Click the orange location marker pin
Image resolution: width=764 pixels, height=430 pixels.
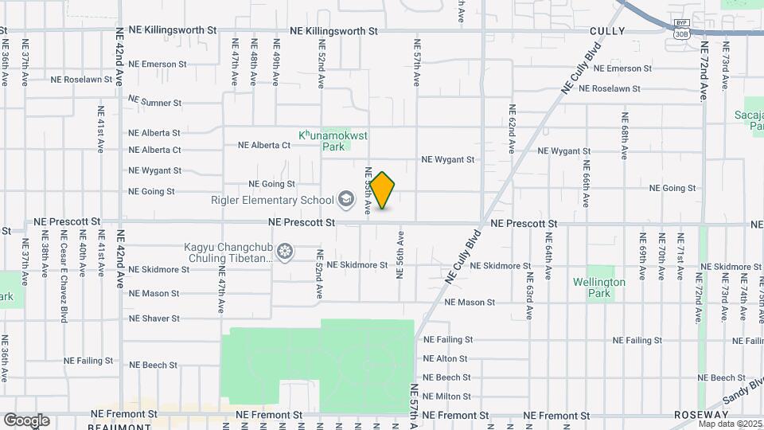[382, 190]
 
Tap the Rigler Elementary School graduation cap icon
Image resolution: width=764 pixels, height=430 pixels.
[346, 197]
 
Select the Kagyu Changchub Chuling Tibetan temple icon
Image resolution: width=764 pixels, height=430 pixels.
[285, 252]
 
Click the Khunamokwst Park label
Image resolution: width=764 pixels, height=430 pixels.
[333, 141]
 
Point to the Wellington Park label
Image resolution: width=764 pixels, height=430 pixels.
[599, 287]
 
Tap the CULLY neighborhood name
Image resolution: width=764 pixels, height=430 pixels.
[607, 31]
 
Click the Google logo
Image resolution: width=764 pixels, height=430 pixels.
[26, 420]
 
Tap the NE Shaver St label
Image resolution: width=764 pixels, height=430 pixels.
[154, 318]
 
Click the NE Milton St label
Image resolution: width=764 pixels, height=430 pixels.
[447, 397]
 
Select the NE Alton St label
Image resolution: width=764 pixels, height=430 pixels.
[445, 359]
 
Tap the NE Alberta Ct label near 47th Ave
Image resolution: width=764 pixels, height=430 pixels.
[264, 145]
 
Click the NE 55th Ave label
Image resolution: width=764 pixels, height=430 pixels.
[368, 191]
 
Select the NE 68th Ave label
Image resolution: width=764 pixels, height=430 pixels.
[626, 128]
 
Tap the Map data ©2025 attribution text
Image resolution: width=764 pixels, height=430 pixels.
[730, 423]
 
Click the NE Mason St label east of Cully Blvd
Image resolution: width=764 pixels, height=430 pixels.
[470, 303]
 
